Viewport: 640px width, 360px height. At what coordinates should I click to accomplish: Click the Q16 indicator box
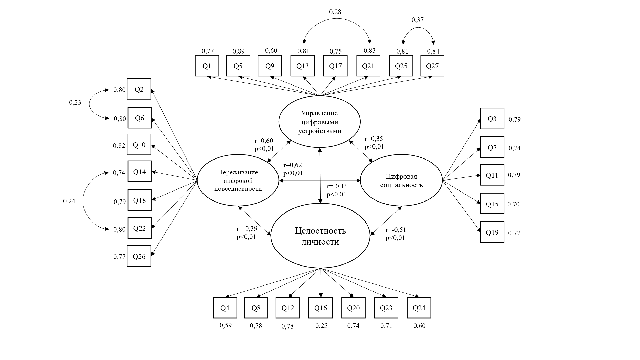[321, 308]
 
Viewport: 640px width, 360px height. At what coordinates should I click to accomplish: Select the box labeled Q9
[270, 66]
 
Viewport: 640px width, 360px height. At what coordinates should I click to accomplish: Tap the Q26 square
[139, 256]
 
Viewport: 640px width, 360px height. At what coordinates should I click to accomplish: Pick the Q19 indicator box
[492, 232]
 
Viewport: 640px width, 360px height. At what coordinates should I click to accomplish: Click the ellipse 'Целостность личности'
[320, 236]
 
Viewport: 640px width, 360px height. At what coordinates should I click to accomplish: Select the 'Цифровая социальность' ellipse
[401, 180]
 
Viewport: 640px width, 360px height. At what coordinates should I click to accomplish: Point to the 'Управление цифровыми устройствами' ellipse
[319, 122]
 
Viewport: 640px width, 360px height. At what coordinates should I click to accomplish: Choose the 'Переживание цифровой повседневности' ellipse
[238, 180]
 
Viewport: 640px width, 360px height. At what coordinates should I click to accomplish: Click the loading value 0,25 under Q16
[321, 326]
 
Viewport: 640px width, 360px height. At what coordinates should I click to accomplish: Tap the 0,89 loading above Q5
[239, 51]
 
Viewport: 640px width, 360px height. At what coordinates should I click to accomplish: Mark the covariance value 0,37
[418, 20]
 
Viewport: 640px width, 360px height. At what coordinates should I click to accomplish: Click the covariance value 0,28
[335, 12]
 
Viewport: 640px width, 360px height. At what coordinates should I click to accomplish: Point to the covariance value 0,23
[75, 102]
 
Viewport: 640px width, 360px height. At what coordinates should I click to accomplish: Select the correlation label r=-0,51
[396, 230]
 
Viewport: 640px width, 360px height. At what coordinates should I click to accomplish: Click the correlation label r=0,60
[264, 141]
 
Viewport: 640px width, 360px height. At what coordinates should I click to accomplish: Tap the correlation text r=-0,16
[337, 186]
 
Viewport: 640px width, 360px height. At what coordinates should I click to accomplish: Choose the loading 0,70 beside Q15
[514, 204]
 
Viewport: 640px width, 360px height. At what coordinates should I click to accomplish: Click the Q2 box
[139, 89]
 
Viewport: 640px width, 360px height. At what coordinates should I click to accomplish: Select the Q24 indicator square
[419, 308]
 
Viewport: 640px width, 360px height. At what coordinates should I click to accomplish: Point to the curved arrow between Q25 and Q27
[418, 28]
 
